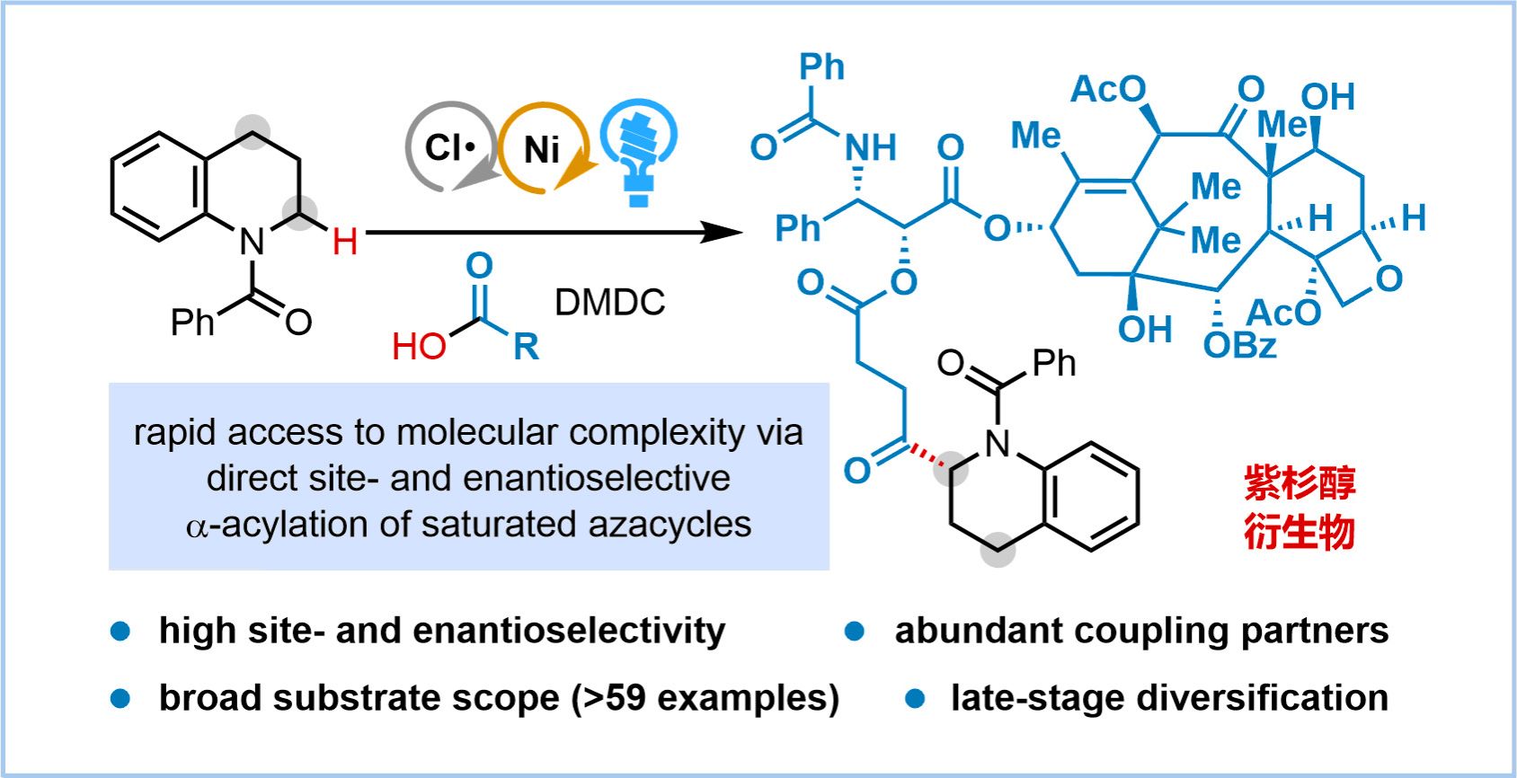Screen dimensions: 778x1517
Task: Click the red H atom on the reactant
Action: pyautogui.click(x=345, y=241)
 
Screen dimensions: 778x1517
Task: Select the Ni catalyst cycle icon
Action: pyautogui.click(x=542, y=149)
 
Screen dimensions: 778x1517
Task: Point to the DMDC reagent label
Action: pyautogui.click(x=609, y=303)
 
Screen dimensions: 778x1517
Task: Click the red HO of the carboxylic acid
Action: pyautogui.click(x=419, y=346)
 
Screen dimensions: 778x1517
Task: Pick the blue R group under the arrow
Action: pyautogui.click(x=526, y=346)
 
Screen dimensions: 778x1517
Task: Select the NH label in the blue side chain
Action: pyautogui.click(x=870, y=147)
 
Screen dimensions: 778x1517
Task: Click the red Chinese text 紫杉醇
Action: pyautogui.click(x=1300, y=483)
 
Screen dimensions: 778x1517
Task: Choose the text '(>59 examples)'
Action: pyautogui.click(x=705, y=698)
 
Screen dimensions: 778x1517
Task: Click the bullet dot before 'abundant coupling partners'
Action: pyautogui.click(x=855, y=632)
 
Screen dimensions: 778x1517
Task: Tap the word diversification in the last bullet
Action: pyautogui.click(x=1262, y=698)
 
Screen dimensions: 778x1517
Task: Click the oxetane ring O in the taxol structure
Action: pyautogui.click(x=1388, y=279)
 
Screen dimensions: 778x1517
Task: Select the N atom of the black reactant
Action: pyautogui.click(x=252, y=241)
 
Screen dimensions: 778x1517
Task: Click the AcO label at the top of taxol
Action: pyautogui.click(x=1108, y=89)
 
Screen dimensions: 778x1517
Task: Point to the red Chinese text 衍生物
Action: pyautogui.click(x=1300, y=532)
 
